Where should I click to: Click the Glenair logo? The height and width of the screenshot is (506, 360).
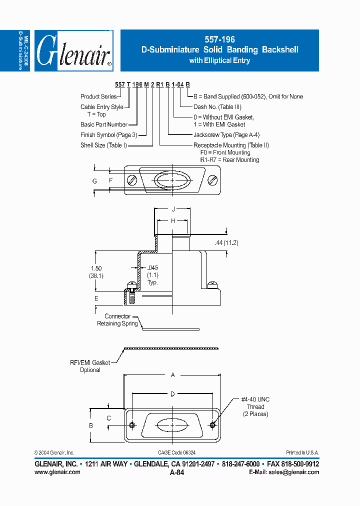(x=74, y=50)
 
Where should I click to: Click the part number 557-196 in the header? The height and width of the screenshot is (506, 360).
(x=219, y=39)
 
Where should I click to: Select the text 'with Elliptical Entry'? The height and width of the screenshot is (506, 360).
(x=219, y=60)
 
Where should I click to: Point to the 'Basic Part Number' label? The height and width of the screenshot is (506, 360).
(x=103, y=124)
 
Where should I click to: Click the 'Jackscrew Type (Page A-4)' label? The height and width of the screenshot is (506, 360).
(x=226, y=134)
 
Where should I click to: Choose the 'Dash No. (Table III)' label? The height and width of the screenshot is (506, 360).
(x=217, y=106)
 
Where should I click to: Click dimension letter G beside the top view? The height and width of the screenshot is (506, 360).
(x=94, y=181)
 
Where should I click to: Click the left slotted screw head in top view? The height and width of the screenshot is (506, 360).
(x=132, y=180)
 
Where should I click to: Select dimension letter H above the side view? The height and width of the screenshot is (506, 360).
(x=172, y=220)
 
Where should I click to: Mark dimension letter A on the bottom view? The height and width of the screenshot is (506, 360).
(x=172, y=374)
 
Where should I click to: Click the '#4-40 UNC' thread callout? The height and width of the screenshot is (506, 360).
(x=255, y=399)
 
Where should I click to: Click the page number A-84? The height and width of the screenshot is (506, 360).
(x=177, y=472)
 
